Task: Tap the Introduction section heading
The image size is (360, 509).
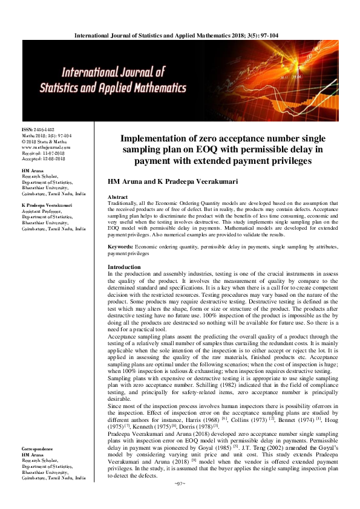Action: pos(124,267)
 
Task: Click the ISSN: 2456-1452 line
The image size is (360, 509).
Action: pos(38,130)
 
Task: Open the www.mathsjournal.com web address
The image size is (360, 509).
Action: pos(46,147)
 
